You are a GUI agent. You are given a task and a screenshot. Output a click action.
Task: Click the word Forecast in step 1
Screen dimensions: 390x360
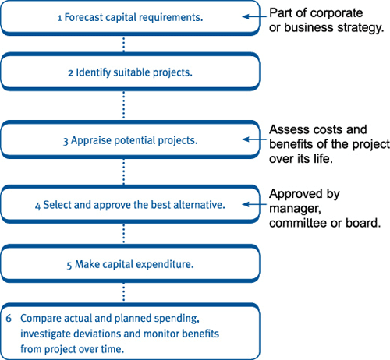click(x=83, y=17)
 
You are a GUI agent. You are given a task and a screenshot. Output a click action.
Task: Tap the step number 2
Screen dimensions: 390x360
click(x=70, y=73)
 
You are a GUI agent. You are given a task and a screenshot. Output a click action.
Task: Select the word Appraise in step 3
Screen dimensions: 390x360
click(x=91, y=141)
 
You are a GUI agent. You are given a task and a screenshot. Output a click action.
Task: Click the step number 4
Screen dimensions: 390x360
click(x=38, y=206)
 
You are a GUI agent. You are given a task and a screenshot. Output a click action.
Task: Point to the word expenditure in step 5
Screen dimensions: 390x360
click(x=165, y=265)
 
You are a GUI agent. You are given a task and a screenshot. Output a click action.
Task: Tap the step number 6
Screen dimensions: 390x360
click(x=9, y=319)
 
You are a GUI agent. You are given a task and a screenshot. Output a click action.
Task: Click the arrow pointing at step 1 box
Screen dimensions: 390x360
click(x=254, y=17)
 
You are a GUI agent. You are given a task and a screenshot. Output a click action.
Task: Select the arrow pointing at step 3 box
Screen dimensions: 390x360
click(x=254, y=139)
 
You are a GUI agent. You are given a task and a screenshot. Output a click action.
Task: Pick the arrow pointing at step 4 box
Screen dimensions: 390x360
click(x=254, y=204)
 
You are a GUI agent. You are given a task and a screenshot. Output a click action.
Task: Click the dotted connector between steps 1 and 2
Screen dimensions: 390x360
click(x=123, y=44)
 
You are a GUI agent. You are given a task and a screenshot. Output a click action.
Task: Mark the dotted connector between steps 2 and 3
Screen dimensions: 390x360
click(x=123, y=105)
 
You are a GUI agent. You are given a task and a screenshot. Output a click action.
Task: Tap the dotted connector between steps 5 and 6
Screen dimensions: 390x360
click(x=123, y=292)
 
